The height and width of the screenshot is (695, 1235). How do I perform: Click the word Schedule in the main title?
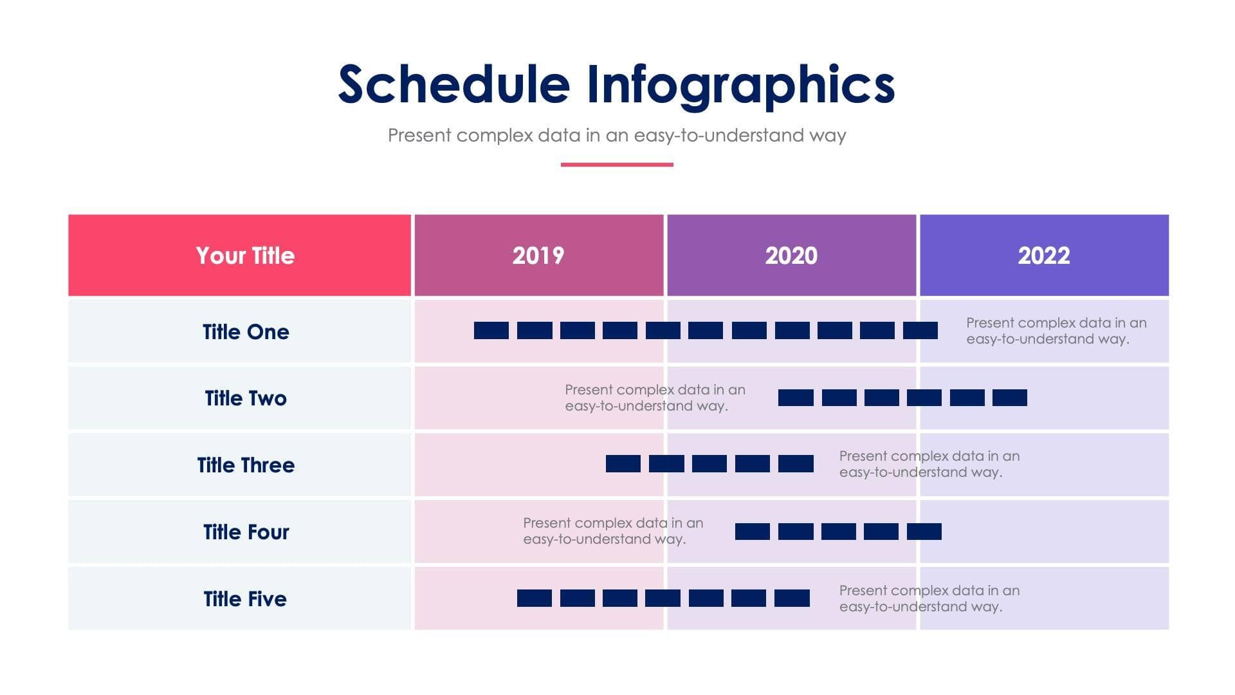pos(453,85)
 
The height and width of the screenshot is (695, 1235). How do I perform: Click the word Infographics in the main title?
pos(740,85)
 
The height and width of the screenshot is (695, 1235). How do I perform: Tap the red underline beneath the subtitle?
pos(616,165)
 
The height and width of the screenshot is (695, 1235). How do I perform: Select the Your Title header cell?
pos(245,255)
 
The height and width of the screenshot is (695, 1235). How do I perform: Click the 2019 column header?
pos(538,255)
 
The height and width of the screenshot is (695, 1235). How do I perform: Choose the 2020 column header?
pos(791,255)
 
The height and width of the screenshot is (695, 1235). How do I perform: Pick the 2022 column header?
pos(1043,255)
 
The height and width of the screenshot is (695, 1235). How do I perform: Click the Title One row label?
pos(245,331)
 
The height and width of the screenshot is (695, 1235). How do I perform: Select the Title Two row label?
pos(245,398)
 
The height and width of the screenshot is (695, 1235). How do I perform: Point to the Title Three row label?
pos(245,465)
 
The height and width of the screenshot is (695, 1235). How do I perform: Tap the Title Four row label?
pos(245,532)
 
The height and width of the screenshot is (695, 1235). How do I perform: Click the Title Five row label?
pos(245,599)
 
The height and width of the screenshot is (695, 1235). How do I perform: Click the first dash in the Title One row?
pos(491,331)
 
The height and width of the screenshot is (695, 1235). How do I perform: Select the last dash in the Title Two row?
pos(1009,398)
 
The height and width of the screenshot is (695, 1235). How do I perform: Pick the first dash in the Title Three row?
pos(623,464)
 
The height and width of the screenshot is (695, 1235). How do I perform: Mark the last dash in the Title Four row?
pos(924,532)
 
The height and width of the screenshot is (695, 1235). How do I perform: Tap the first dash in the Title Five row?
pos(534,598)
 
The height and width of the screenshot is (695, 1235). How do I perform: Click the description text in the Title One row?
pos(1056,331)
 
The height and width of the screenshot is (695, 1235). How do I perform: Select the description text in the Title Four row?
pos(612,531)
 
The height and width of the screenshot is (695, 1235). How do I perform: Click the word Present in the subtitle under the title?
pos(419,136)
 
